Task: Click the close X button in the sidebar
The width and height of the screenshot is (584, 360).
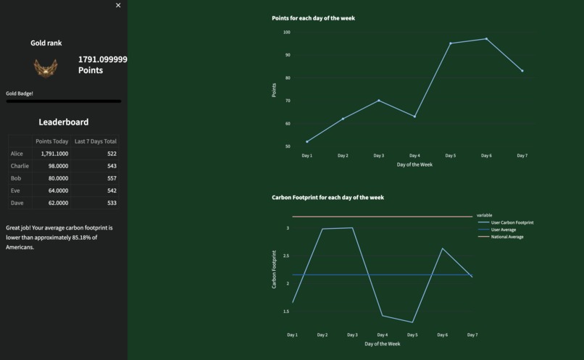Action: click(x=118, y=5)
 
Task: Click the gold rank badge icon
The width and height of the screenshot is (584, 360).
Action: click(x=46, y=68)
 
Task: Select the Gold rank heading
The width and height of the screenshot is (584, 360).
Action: click(x=46, y=43)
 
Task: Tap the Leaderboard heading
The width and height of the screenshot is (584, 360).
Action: click(x=64, y=122)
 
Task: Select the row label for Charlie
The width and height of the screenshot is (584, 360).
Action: click(x=20, y=166)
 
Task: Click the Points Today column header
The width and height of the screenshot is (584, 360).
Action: click(x=52, y=141)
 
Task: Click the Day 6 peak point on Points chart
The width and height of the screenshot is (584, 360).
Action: click(x=486, y=39)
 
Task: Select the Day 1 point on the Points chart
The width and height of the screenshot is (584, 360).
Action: click(x=307, y=141)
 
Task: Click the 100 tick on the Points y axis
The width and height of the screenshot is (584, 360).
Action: click(x=287, y=32)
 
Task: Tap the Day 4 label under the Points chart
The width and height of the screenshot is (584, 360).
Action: click(x=414, y=156)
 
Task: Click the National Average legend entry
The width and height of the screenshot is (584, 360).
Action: click(x=507, y=237)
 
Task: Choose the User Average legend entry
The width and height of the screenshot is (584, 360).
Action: click(x=504, y=230)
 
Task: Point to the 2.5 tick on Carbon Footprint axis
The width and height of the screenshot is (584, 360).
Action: click(x=286, y=256)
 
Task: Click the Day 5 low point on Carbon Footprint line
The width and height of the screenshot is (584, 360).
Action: click(x=412, y=322)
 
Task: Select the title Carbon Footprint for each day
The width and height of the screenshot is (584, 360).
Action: click(x=328, y=197)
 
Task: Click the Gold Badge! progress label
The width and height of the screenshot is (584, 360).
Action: click(x=20, y=93)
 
